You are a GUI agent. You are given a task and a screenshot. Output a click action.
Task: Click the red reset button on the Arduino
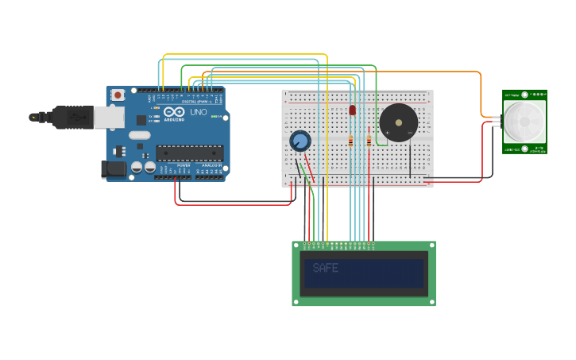pyautogui.click(x=118, y=95)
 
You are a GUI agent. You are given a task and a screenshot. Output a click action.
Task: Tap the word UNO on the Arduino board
pyautogui.click(x=198, y=112)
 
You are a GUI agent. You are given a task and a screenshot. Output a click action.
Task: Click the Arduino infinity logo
pyautogui.click(x=175, y=112)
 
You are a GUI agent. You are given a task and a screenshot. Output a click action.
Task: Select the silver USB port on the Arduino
pyautogui.click(x=109, y=118)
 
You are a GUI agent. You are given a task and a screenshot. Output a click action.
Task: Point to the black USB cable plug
pyautogui.click(x=72, y=117)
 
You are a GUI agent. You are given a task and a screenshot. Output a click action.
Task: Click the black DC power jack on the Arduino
pyautogui.click(x=114, y=168)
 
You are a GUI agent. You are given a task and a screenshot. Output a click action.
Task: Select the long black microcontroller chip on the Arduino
pyautogui.click(x=189, y=153)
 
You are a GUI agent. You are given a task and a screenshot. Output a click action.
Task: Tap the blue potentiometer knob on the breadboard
pyautogui.click(x=300, y=141)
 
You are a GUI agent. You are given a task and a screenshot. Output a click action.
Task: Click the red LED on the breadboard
pyautogui.click(x=352, y=110)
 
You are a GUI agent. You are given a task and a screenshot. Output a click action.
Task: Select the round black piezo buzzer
pyautogui.click(x=398, y=122)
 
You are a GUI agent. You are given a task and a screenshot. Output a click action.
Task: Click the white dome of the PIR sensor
pyautogui.click(x=525, y=121)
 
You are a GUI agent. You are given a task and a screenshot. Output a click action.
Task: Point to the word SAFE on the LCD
pyautogui.click(x=326, y=269)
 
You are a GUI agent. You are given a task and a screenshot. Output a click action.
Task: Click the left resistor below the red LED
pyautogui.click(x=351, y=141)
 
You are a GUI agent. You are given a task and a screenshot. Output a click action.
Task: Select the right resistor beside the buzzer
pyautogui.click(x=369, y=141)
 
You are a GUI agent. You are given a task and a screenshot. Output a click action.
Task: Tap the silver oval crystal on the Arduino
pyautogui.click(x=140, y=135)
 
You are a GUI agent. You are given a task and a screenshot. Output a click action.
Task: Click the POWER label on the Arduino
pyautogui.click(x=184, y=165)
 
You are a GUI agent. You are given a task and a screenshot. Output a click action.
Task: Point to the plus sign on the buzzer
pyautogui.click(x=387, y=133)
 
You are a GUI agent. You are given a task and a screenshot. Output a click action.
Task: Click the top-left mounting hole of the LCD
pyautogui.click(x=296, y=246)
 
